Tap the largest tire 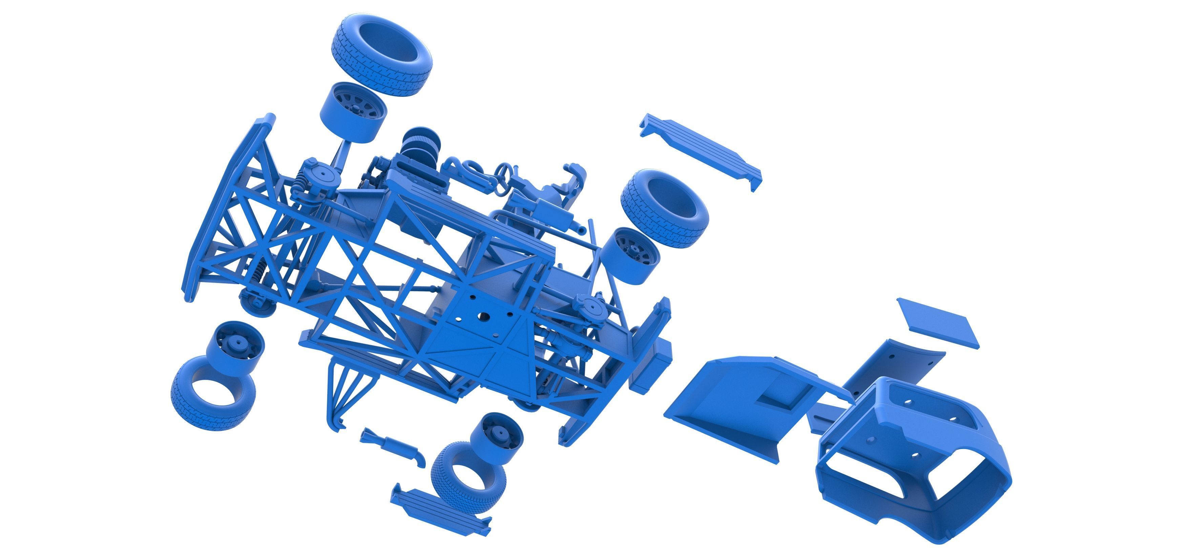pos(381,55)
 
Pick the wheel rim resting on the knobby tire pos(496,438)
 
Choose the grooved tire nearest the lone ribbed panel pos(663,207)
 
